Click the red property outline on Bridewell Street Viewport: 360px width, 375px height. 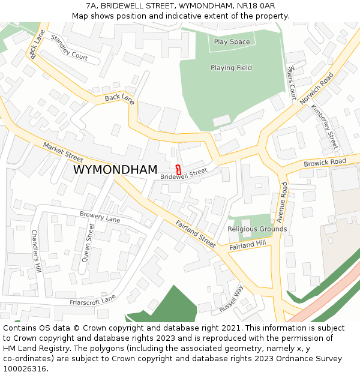(x=178, y=169)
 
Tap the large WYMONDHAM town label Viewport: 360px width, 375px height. (x=115, y=170)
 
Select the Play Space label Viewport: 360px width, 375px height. (x=232, y=42)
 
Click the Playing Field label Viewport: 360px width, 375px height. (x=231, y=68)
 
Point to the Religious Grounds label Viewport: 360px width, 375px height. (x=257, y=229)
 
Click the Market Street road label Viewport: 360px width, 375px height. (x=63, y=152)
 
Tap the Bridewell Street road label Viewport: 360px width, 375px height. (x=184, y=173)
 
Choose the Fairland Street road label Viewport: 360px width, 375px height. (x=196, y=234)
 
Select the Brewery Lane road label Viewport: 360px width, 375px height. (x=100, y=217)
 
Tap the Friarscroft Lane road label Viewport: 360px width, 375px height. (x=92, y=301)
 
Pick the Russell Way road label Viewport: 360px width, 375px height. (x=232, y=299)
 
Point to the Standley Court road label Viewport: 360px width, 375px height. (x=69, y=49)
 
